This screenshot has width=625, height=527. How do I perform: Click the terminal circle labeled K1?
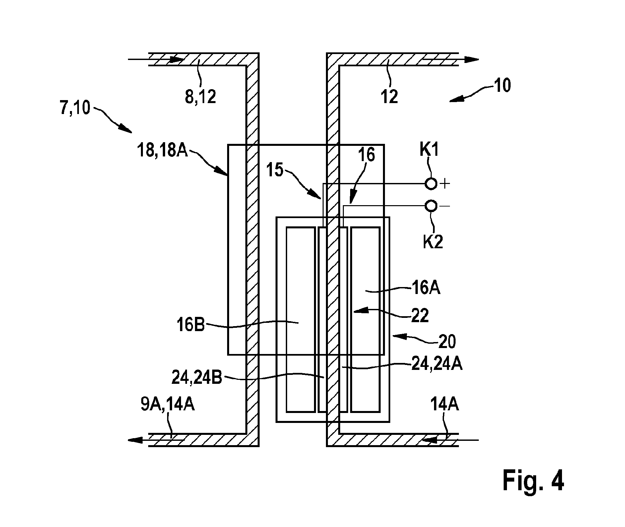pos(431,184)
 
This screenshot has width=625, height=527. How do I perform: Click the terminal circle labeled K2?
pos(431,206)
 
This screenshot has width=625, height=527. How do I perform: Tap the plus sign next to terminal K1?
pos(445,184)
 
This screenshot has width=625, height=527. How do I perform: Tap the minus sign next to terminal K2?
pos(445,206)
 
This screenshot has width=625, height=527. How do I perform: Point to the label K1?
pos(429,149)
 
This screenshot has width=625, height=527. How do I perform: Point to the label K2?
pos(433,242)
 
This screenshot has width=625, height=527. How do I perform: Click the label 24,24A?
pos(437,364)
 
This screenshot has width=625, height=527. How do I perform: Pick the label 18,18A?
pos(162,152)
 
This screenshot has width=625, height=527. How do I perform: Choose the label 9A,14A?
pos(167,405)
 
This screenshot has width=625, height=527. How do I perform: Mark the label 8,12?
pos(200,97)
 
